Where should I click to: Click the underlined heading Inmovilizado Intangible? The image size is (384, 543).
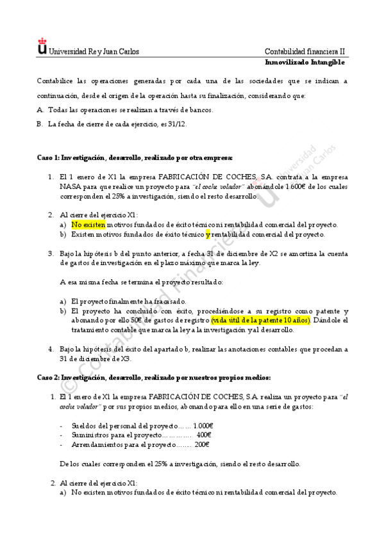coord(305,62)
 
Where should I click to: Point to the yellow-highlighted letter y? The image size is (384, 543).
coord(208,234)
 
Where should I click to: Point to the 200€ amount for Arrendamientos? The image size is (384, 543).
coord(202,444)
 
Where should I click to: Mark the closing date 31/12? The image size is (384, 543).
coord(177,124)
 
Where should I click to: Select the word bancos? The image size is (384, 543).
coord(199,109)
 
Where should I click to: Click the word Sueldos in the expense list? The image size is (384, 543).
coord(83,425)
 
